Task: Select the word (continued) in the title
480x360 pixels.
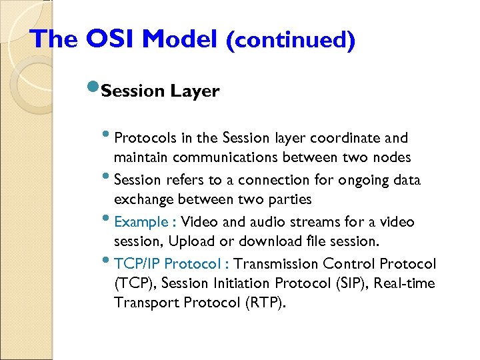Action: click(x=290, y=40)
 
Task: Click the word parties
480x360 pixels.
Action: click(x=289, y=199)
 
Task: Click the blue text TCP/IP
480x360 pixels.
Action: click(x=137, y=263)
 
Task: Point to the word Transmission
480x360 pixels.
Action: click(x=267, y=263)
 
